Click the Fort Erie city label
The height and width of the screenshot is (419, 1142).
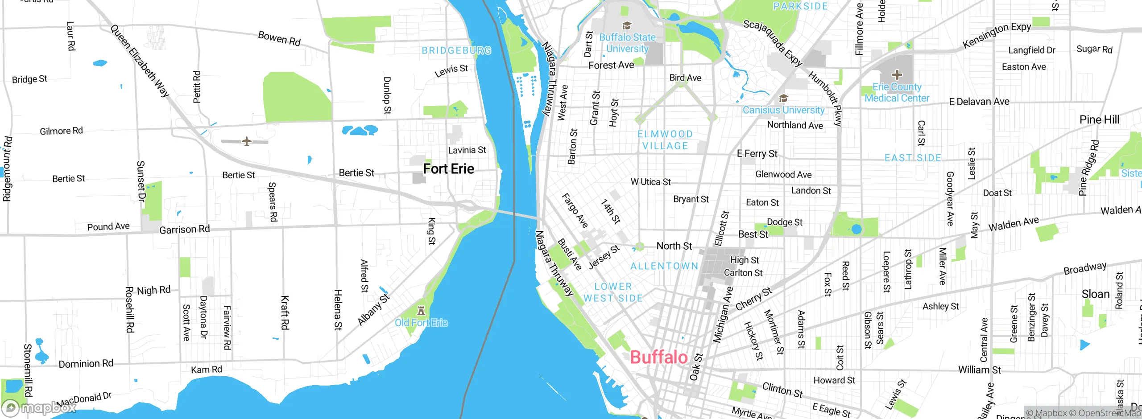coord(448,169)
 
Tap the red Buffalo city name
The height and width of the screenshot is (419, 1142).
coord(658,357)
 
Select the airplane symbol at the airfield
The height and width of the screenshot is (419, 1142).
coord(247,141)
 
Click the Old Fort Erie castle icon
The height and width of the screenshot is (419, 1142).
coord(421,310)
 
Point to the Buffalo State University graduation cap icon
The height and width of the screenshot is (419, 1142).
coord(627,25)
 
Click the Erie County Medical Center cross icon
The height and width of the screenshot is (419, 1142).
coord(897,74)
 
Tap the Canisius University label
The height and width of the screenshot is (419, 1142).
coord(783,110)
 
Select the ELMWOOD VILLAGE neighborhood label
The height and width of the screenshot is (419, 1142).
coord(665,140)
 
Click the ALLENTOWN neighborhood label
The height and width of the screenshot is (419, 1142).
coord(664,266)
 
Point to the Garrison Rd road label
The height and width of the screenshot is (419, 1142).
coord(184,229)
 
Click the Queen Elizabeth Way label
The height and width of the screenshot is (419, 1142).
coord(140,61)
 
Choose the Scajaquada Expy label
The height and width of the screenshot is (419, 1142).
coord(773,43)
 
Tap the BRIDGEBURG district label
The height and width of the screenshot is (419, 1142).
coord(456,50)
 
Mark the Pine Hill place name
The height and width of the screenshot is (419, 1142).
coord(1099,119)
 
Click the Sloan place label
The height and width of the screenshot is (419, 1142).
coord(1095,294)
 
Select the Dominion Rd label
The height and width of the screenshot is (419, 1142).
coord(86,363)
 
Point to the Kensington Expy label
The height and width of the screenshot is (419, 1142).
coord(997,35)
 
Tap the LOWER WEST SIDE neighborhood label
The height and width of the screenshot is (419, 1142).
coord(613,292)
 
